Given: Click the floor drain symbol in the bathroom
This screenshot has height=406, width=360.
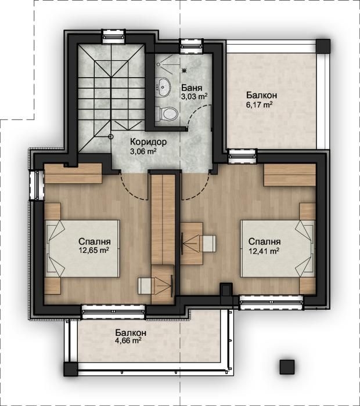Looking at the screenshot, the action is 185,70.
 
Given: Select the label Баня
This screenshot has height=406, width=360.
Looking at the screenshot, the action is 192,87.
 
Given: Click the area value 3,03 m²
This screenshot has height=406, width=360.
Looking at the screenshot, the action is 194,97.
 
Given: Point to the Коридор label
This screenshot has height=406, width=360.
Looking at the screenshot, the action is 148,142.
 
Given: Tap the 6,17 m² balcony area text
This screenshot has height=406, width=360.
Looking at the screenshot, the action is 259,105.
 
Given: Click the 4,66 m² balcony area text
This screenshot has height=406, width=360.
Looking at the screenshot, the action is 128,340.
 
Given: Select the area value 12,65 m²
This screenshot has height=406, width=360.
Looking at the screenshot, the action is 93,251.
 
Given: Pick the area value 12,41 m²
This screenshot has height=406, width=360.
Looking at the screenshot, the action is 264,251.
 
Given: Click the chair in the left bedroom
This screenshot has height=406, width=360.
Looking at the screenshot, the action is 146,286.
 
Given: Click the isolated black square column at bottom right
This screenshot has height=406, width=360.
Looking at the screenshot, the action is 287,367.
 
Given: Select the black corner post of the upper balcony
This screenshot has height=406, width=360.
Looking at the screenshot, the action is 323,46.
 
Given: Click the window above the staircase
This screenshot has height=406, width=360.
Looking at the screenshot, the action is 113,36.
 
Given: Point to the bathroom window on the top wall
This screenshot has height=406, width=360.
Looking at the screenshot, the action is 191,46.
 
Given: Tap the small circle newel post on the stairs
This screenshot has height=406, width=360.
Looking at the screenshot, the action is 111,136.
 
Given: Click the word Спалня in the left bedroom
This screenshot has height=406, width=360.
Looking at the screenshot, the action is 95,241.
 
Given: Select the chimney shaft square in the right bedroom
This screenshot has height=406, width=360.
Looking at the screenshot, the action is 226,289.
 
